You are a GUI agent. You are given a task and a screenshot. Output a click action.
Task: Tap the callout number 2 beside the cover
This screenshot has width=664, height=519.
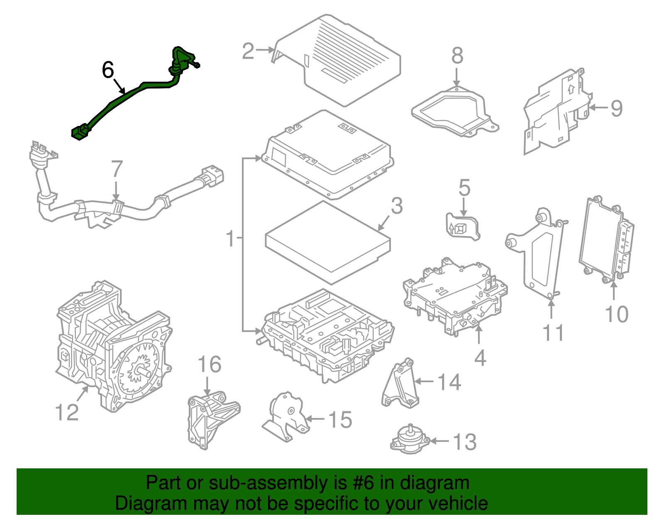248,51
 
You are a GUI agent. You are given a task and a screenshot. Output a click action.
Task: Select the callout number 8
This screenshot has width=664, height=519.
457,56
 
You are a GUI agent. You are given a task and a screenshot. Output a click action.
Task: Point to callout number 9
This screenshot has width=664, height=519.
616,108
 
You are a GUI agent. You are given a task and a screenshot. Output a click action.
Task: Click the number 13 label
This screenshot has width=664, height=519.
464,442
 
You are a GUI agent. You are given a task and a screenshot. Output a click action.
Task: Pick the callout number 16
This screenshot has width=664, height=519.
210,364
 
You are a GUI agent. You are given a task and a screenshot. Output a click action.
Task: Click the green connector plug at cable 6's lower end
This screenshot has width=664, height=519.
81,132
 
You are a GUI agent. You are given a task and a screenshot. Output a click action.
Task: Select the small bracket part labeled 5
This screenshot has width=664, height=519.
462,227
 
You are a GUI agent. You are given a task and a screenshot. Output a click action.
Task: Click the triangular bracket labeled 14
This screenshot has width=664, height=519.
400,384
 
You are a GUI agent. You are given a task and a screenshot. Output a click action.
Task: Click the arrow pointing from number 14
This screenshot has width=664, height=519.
424,381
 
